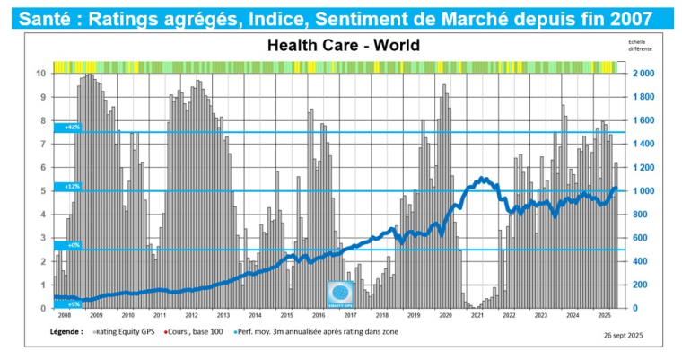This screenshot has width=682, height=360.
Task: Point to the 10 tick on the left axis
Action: (x=40, y=73)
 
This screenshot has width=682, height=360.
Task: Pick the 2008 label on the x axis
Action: (x=66, y=316)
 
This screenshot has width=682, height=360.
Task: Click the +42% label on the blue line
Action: (x=71, y=127)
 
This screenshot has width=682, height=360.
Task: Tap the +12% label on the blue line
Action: (x=71, y=186)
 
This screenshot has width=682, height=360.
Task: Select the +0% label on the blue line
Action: (x=71, y=244)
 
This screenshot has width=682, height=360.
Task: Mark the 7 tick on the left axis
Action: (x=41, y=144)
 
